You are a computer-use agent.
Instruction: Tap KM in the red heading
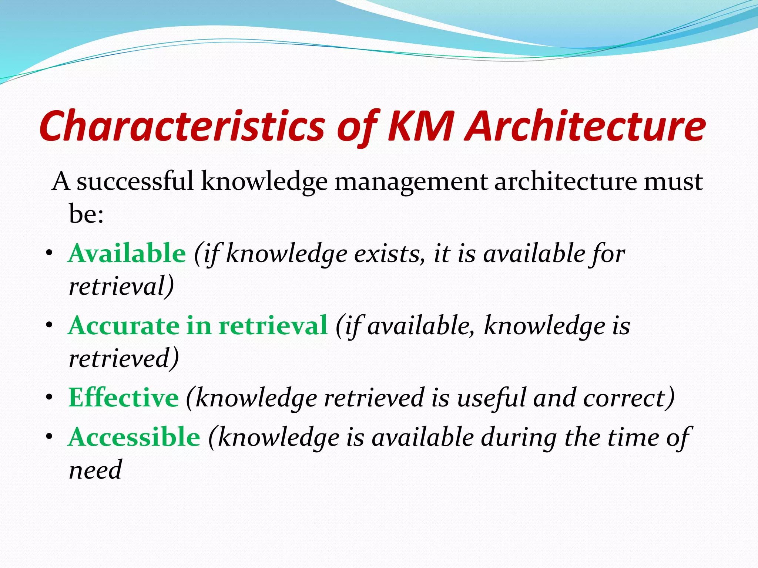click(420, 126)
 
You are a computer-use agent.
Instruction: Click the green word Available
click(127, 254)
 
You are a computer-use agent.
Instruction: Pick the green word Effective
click(124, 398)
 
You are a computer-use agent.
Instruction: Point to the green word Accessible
click(134, 437)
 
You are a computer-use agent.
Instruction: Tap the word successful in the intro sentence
click(135, 182)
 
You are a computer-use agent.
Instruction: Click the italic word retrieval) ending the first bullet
click(121, 287)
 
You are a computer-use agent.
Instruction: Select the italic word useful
click(492, 398)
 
